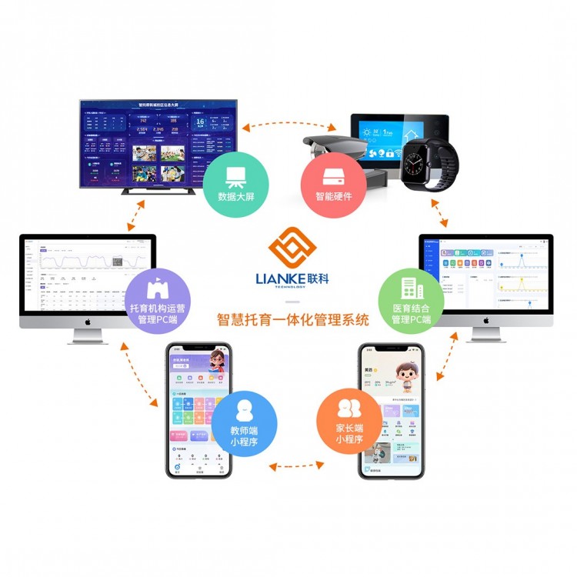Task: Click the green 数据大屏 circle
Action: (x=236, y=182)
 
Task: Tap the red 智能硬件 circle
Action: (x=333, y=182)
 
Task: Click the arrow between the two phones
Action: (x=296, y=465)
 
